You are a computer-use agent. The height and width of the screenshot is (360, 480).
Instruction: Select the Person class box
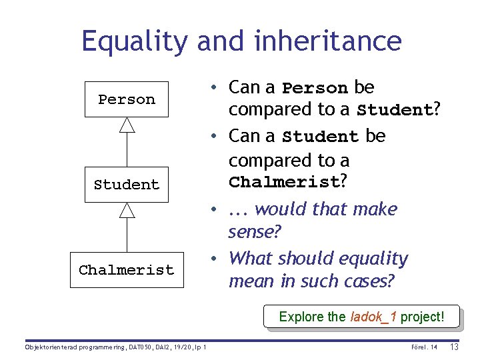127,99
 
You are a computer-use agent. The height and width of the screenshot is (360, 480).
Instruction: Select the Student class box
127,185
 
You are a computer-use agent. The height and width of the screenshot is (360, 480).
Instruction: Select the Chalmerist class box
127,270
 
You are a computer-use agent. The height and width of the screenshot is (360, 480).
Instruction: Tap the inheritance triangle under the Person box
127,125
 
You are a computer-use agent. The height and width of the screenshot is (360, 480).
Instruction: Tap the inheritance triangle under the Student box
127,210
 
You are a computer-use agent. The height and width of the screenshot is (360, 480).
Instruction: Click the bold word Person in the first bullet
315,88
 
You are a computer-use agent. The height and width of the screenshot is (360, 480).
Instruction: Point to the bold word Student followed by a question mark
395,110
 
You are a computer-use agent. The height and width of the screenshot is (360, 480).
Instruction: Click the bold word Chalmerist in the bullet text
283,182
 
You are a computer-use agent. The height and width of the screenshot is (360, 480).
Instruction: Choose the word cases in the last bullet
370,281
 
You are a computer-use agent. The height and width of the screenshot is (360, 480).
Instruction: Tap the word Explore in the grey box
300,317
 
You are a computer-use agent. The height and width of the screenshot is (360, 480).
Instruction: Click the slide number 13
455,347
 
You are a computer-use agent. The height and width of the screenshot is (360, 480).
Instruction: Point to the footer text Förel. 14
424,347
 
